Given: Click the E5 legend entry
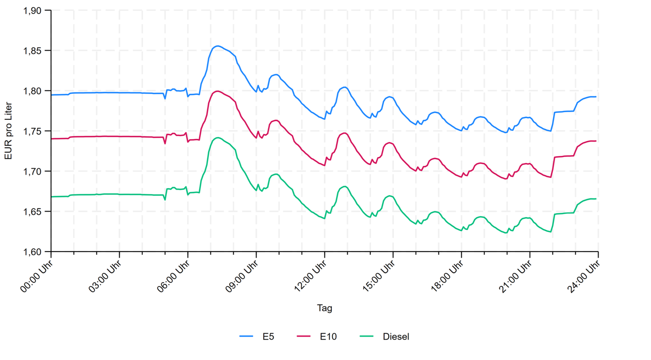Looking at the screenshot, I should point(268,336).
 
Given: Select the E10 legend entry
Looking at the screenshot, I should point(328,336).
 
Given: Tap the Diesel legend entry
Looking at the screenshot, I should point(396,336).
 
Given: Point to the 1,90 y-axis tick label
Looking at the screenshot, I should point(32,11).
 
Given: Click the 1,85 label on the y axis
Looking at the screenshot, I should point(32,51).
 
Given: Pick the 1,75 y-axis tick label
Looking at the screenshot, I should point(32,131).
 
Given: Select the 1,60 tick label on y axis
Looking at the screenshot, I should point(32,252).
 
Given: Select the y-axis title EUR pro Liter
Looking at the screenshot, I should point(8,131).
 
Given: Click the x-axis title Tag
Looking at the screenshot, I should point(324,308).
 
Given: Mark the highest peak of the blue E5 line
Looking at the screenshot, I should point(217,46).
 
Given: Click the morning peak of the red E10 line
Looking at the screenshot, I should point(217,91).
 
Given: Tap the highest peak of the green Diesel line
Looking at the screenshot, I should point(217,137).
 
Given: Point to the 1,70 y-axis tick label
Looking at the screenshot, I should point(32,171).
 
